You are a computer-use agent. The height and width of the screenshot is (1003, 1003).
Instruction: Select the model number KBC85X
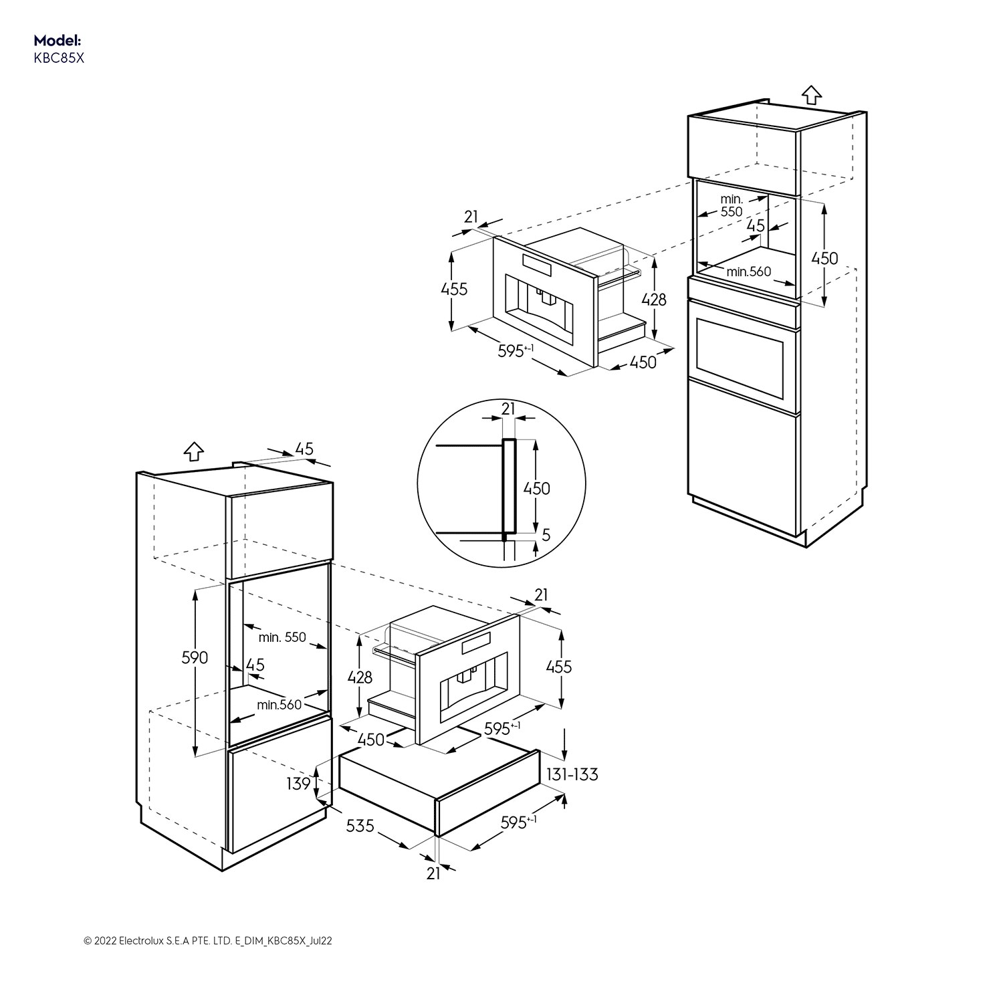tap(59, 58)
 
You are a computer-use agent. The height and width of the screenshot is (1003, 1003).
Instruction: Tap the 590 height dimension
tap(195, 657)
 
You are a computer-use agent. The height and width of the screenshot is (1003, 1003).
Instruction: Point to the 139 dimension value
tap(299, 783)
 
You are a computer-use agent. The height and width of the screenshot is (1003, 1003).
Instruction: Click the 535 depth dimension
tap(360, 826)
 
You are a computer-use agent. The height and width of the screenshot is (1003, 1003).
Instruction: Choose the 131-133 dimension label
tap(572, 774)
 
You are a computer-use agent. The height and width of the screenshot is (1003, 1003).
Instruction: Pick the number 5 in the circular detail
tap(546, 535)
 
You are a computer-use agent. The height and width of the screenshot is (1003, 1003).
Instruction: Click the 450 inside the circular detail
tap(536, 488)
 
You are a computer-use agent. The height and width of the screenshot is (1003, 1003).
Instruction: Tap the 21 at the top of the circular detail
tap(508, 409)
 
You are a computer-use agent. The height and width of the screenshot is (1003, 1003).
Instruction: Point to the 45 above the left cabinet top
tap(304, 449)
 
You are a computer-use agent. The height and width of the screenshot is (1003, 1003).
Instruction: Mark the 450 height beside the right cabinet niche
tap(824, 258)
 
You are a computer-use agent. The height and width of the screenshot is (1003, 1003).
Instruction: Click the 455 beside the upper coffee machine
tap(454, 290)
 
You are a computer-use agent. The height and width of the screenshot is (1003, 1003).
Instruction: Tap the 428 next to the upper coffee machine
tap(653, 299)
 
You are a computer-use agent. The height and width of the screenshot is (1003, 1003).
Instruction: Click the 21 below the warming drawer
tap(433, 873)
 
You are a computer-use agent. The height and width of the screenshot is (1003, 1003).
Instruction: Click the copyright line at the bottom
tap(208, 941)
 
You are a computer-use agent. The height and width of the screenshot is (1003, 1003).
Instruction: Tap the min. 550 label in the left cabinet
tap(282, 637)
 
